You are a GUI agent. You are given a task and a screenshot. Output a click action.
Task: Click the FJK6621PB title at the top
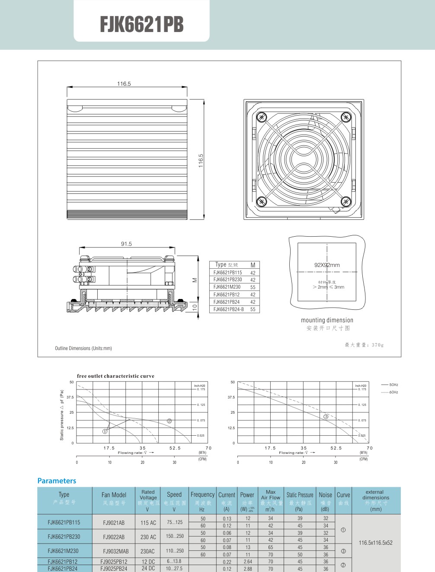[141, 25]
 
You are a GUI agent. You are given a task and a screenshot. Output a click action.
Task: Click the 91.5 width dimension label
[126, 244]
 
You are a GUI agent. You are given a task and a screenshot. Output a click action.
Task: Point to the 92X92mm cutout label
[327, 265]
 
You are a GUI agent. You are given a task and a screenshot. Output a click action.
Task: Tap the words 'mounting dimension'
[327, 320]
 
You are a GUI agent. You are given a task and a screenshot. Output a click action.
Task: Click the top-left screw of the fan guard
[261, 117]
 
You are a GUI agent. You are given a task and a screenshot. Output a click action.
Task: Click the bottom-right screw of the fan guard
[345, 201]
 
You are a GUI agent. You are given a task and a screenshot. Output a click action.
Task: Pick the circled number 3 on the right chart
[326, 417]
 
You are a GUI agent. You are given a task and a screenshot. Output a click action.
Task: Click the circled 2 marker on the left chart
[170, 421]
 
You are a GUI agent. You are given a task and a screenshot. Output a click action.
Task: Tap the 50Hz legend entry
[390, 385]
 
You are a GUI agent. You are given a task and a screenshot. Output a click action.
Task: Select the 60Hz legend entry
[390, 392]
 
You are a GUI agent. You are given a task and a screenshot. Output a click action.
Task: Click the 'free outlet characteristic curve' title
[115, 376]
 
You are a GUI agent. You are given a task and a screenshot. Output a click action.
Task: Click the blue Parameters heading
[57, 481]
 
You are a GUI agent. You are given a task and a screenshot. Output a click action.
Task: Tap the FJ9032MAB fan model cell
[115, 551]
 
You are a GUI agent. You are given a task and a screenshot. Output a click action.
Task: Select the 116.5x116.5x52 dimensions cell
[375, 543]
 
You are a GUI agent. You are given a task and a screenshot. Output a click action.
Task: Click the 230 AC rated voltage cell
[148, 537]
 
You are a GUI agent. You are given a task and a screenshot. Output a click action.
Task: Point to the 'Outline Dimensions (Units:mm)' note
[83, 348]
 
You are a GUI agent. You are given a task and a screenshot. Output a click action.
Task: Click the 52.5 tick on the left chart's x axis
[175, 448]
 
